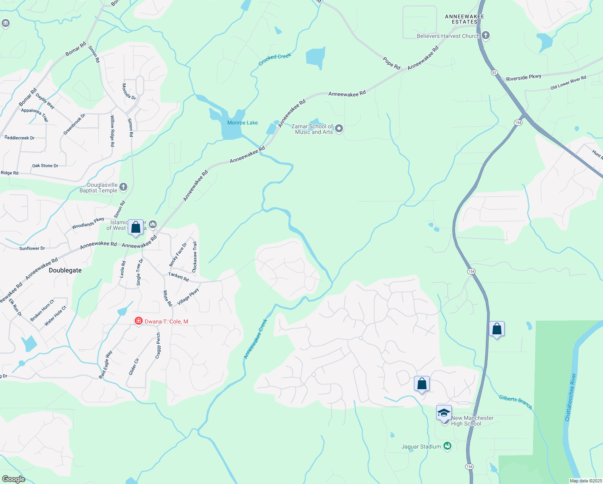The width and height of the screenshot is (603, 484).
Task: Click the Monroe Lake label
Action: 242,123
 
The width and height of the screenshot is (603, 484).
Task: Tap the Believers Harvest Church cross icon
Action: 486,35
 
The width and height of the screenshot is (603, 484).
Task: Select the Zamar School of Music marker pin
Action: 339,129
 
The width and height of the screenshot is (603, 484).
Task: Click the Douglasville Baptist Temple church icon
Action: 123,187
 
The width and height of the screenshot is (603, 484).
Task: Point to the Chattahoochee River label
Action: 570,397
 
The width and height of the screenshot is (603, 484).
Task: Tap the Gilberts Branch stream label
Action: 516,401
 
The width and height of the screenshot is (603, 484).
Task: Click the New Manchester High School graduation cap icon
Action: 444,413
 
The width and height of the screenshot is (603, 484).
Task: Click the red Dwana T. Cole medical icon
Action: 138,321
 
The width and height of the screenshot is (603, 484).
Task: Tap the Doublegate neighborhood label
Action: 65,270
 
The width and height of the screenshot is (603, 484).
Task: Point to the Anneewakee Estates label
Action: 464,19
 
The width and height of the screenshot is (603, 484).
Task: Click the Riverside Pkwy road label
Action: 524,77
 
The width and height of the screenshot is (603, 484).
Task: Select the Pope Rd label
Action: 391,64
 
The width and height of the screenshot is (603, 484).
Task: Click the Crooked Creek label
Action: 274,59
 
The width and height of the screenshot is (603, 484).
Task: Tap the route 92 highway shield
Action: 494,73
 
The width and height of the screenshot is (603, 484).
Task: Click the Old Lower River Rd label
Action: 568,83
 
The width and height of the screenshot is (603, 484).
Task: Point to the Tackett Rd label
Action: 179,277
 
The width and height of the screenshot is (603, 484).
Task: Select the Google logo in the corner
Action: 13,479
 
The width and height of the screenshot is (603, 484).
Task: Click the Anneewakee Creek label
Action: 256,339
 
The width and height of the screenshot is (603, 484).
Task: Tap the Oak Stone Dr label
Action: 45,166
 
